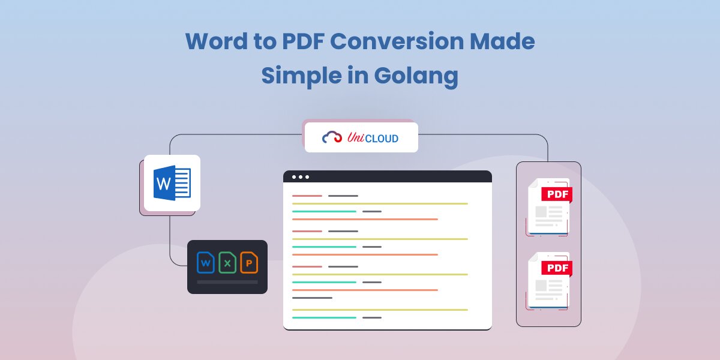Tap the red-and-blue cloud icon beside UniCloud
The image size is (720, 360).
coord(332,137)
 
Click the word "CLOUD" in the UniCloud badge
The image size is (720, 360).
coord(382,139)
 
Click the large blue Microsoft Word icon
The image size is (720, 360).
coord(172,182)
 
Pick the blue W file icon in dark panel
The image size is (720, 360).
coord(206,262)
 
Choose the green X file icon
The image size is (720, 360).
coord(227,262)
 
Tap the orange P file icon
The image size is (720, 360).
coord(249,262)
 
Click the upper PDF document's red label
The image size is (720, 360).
coord(556,194)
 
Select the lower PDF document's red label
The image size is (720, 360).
coord(556,268)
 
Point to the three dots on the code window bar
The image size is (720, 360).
coord(301,177)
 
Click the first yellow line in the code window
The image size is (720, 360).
coord(379,203)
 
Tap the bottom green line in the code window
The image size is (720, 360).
coord(324,317)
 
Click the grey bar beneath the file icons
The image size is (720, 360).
coord(227,281)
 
